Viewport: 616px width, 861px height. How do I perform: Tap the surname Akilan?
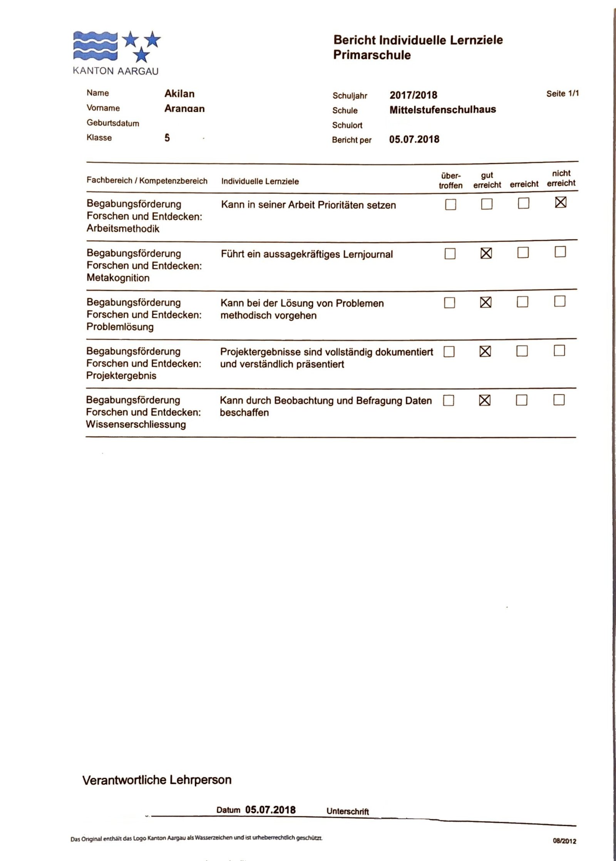[x=179, y=94]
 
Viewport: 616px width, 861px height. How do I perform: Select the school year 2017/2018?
[x=413, y=95]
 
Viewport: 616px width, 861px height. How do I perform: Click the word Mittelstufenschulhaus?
[x=442, y=110]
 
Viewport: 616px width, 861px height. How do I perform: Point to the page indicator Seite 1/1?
[x=562, y=93]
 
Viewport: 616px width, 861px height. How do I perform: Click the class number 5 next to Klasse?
[x=167, y=138]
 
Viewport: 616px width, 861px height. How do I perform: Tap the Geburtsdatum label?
[x=112, y=123]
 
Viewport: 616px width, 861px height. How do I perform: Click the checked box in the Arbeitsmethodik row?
[x=561, y=202]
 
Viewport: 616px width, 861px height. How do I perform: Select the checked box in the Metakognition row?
[x=486, y=253]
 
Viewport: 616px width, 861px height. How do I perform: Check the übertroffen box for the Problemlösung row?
[x=449, y=303]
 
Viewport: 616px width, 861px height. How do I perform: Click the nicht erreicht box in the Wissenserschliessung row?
[x=559, y=400]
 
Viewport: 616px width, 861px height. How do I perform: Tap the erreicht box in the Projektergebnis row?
[x=522, y=351]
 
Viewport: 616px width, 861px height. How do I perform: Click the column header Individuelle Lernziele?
[x=260, y=181]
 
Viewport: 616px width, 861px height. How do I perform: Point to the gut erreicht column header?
[x=487, y=180]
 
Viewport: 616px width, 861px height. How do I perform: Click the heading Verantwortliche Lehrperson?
[x=157, y=780]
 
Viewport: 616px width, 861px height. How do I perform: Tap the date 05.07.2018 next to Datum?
[x=270, y=810]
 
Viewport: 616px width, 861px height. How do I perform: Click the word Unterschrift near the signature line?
[x=347, y=811]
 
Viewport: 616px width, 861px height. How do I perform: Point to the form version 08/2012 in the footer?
[x=564, y=841]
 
